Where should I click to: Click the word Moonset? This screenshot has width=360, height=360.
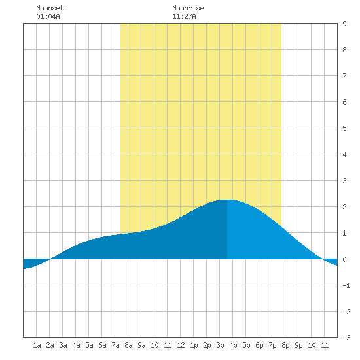(x=50, y=8)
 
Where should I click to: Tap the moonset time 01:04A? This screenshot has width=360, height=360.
(x=48, y=16)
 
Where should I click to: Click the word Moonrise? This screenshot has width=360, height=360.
(x=188, y=8)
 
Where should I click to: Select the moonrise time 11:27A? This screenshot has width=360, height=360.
(x=184, y=16)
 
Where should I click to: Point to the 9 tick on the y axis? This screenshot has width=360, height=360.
(x=344, y=24)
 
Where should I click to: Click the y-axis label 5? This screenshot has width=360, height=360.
(x=344, y=128)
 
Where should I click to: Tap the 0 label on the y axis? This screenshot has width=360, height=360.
(x=344, y=259)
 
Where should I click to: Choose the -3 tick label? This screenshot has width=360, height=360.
(x=346, y=338)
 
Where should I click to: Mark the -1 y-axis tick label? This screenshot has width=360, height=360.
(x=346, y=285)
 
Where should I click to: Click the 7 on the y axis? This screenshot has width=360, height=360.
(x=344, y=76)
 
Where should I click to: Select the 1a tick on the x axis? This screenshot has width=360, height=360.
(x=37, y=345)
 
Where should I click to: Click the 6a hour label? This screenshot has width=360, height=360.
(x=102, y=345)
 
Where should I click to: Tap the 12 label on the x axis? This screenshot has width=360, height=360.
(x=181, y=345)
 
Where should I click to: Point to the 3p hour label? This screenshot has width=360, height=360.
(x=220, y=345)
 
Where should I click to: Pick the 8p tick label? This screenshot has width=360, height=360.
(x=285, y=345)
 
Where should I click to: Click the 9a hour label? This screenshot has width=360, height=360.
(x=141, y=345)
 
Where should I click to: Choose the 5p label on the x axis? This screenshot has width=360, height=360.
(x=246, y=345)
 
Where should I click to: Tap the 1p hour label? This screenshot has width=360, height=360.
(x=194, y=345)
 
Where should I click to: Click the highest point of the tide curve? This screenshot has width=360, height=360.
(x=227, y=200)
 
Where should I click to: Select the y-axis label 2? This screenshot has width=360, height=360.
(x=344, y=207)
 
